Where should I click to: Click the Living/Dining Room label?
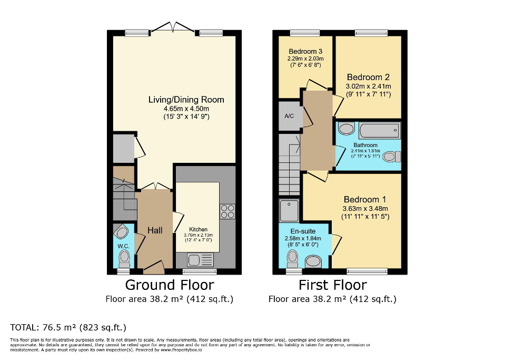pos(186,100)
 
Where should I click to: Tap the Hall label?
pos(155,230)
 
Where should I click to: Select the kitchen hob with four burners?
pos(228,211)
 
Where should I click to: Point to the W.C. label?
pos(123,246)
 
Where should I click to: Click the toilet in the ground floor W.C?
pos(124,258)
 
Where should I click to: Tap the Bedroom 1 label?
pos(364,200)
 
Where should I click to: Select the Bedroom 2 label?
pos(368,77)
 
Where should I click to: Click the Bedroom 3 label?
pos(305,51)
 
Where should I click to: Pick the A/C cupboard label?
pos(289,116)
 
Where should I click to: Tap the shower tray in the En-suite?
pos(289,210)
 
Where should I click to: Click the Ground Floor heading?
pos(169,285)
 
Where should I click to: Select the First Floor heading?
pos(332,285)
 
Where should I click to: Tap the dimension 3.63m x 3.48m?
pos(365,209)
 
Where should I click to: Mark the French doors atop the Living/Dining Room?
pos(173,27)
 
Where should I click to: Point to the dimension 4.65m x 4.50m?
pos(186,109)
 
